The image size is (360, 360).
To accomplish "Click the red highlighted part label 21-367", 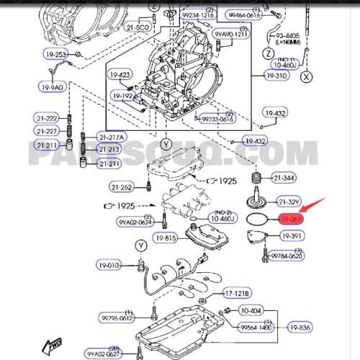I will [289, 218].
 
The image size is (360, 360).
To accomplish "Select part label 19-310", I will [276, 75].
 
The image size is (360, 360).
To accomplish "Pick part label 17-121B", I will [236, 293].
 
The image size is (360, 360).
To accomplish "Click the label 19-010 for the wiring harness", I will [109, 266].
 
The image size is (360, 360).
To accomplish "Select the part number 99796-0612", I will [116, 318].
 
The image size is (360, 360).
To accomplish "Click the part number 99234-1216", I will [197, 14].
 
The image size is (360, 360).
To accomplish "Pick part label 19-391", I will [292, 235].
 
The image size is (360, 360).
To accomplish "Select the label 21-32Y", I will [288, 201].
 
